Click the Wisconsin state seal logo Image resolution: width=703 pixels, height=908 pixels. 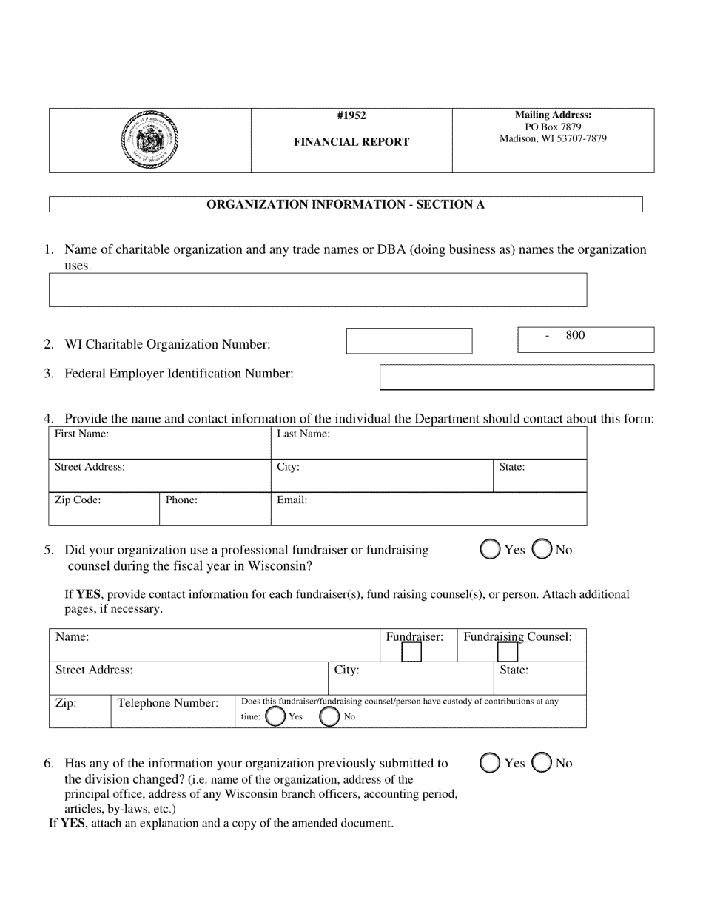tap(149, 140)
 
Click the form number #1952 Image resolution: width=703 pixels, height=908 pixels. tap(351, 115)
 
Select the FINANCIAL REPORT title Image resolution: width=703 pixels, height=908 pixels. tap(351, 142)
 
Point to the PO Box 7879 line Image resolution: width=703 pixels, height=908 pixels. tap(553, 127)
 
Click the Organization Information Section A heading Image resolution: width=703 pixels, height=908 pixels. tap(346, 204)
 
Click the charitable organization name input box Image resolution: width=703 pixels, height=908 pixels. tap(317, 290)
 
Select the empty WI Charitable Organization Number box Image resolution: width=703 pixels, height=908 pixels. tap(409, 341)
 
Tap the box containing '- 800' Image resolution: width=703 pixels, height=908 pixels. tap(585, 340)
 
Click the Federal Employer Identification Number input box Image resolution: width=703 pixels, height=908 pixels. tap(517, 377)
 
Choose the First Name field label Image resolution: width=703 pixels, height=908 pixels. tap(81, 434)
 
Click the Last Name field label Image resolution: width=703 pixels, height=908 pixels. tap(303, 434)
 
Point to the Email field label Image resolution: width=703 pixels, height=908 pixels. tap(292, 500)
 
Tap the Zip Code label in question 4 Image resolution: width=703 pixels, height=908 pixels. tap(78, 500)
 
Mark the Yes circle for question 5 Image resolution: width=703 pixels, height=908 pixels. tap(490, 550)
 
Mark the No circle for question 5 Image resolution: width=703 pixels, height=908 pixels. tap(542, 550)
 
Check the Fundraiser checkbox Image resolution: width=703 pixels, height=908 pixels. tap(411, 652)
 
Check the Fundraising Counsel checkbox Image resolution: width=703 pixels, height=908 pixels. tap(508, 652)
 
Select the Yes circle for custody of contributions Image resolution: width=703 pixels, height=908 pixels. tap(275, 716)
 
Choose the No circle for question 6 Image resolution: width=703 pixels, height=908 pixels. tap(542, 763)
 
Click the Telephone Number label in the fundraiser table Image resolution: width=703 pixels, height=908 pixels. tap(168, 703)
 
